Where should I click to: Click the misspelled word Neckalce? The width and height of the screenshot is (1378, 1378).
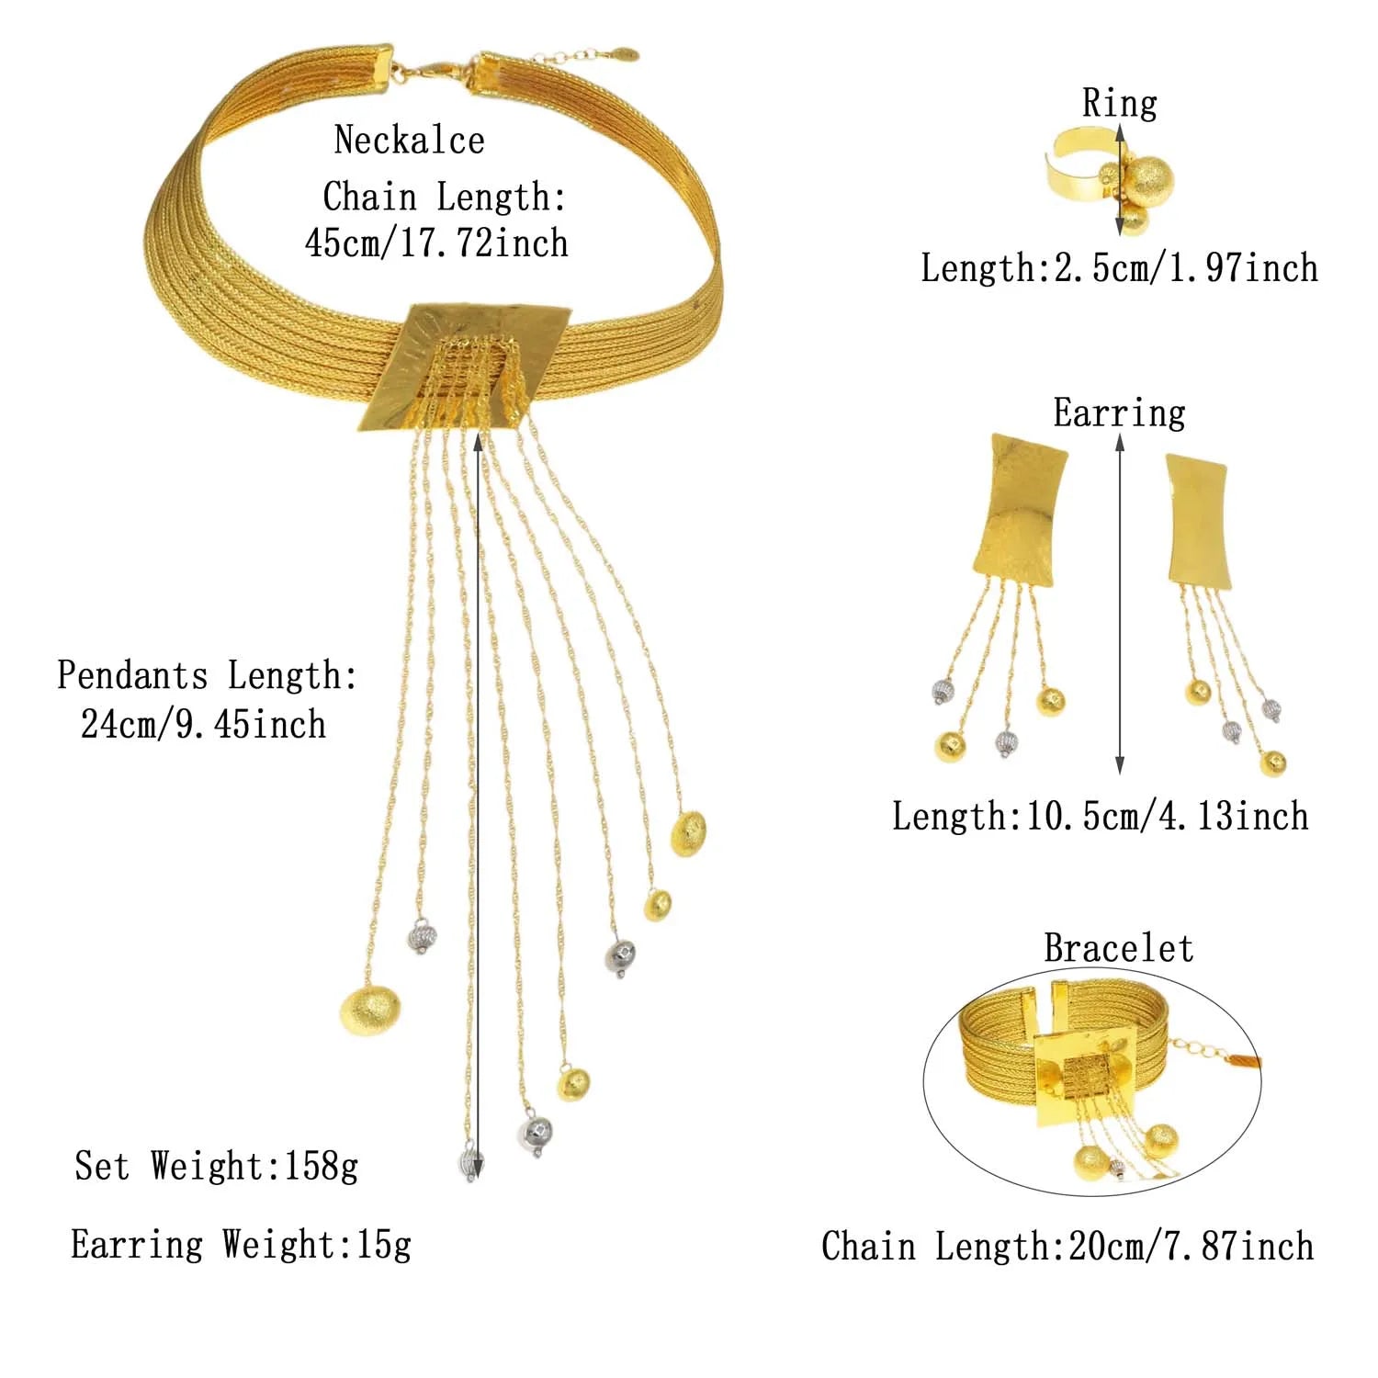coord(409,141)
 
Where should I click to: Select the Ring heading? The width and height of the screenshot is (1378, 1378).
coord(1119,103)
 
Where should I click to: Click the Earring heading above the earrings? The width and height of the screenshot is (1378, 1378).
coord(1119,412)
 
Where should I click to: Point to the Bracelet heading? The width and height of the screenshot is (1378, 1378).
coord(1118,948)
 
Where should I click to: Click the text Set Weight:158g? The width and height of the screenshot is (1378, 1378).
coord(217,1167)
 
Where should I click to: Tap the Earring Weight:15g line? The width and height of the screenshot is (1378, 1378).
coord(241,1245)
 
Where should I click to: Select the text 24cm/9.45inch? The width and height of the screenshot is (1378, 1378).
coord(203,724)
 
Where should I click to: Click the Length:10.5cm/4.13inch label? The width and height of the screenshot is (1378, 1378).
coord(1100,816)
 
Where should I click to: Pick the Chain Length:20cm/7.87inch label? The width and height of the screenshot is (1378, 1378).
coord(1067,1247)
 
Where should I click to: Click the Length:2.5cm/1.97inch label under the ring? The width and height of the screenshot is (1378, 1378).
coord(1119,268)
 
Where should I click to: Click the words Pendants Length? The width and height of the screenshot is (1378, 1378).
coord(207,675)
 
